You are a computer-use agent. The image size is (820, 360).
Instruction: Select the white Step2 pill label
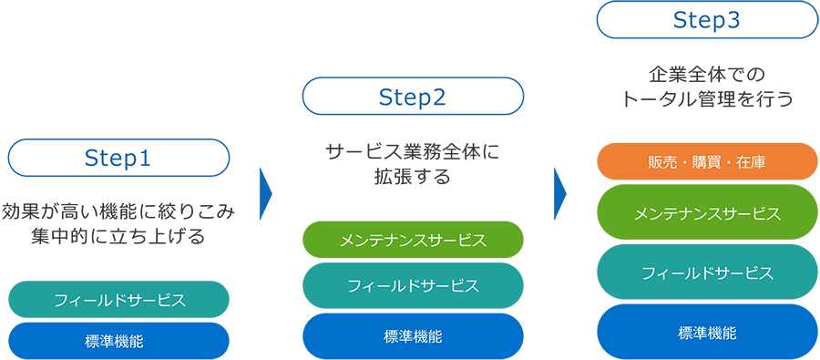click(413, 97)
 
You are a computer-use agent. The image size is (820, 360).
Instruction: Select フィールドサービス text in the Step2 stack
click(413, 286)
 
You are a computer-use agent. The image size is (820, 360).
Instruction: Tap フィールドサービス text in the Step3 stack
click(707, 273)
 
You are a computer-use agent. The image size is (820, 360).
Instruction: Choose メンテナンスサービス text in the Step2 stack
click(413, 242)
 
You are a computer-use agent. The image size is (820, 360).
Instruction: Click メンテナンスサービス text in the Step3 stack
click(707, 214)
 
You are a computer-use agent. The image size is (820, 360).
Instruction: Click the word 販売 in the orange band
click(661, 162)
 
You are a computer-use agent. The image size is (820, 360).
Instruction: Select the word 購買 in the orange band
click(707, 162)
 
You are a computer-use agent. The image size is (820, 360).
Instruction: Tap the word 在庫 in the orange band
click(753, 162)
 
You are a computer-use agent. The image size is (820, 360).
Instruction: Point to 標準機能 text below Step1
click(114, 342)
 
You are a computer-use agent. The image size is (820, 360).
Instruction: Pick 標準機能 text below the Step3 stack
click(707, 332)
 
